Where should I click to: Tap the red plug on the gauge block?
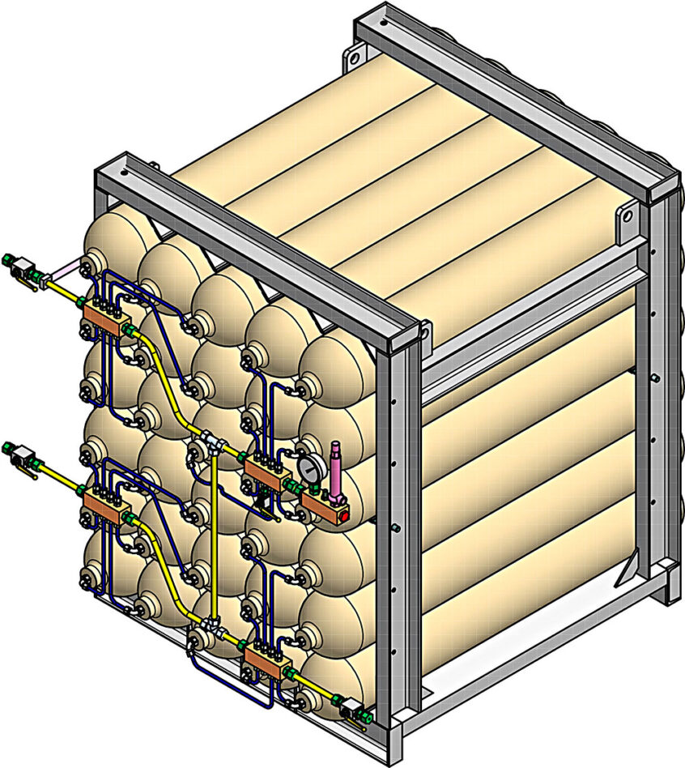[343, 512]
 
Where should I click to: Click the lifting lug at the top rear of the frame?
[353, 58]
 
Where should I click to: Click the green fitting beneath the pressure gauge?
[309, 489]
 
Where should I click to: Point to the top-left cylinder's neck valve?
[91, 264]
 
